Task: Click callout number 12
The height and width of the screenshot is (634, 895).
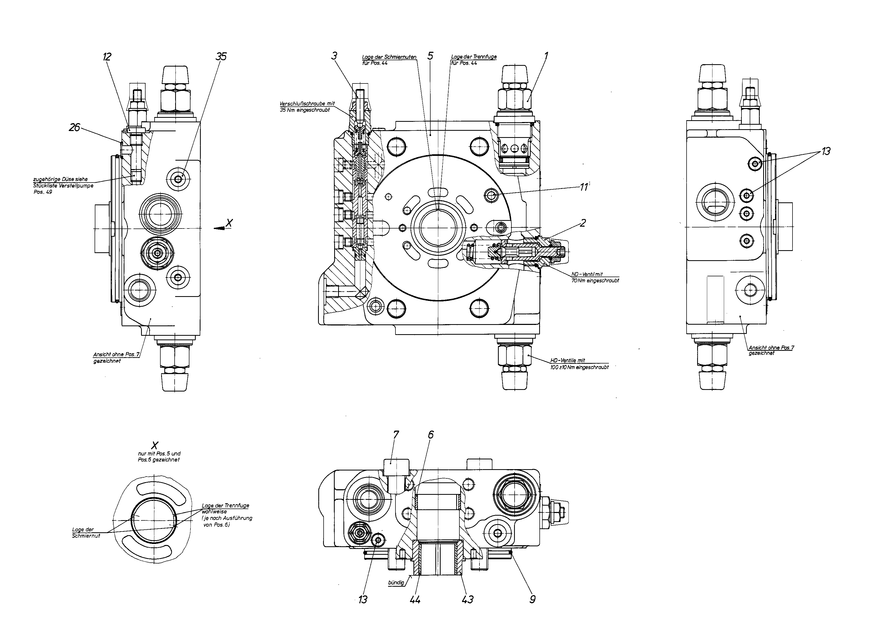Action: tap(107, 57)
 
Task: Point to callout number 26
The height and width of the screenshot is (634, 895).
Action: tap(74, 127)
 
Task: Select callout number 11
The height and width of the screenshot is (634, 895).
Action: tap(584, 187)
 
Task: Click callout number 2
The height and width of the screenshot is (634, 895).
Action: tap(583, 223)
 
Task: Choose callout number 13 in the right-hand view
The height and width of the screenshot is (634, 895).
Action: tap(826, 151)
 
